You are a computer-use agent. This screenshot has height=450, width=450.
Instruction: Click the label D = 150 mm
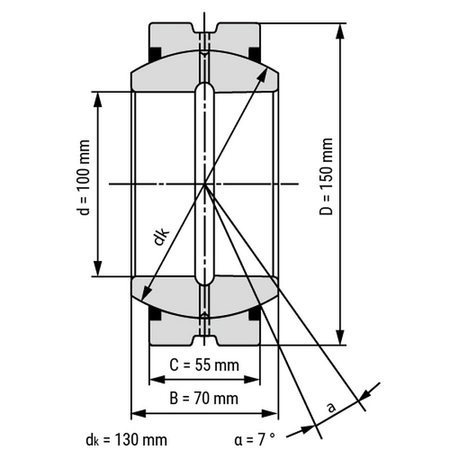pos(326,177)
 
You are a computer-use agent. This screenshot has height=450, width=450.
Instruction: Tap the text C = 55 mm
pos(204,365)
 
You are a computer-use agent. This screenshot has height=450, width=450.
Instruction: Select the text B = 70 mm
pos(204,398)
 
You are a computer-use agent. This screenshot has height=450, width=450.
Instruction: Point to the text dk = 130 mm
pos(126,440)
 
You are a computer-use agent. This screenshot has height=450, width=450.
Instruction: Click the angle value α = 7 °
pos(255,440)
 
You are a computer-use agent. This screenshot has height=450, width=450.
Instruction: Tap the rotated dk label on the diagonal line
pos(161,236)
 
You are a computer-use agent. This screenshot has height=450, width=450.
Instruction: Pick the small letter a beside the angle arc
pos(331,407)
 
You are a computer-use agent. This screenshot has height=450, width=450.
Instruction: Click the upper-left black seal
pos(155,54)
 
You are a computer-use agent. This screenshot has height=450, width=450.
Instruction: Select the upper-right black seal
pos(255,54)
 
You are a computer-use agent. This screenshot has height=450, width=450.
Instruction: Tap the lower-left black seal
pos(155,313)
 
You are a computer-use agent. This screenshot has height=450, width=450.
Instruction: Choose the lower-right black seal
pos(255,313)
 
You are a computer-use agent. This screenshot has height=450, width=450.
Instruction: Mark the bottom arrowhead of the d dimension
pos(98,268)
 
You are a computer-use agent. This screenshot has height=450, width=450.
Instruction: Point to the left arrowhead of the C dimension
pos(157,379)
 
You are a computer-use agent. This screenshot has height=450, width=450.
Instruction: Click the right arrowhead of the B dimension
pos(269,413)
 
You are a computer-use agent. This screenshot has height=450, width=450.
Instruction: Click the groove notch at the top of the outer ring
pos(204,28)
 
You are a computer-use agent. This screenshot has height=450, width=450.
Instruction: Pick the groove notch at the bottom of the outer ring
pos(204,340)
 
